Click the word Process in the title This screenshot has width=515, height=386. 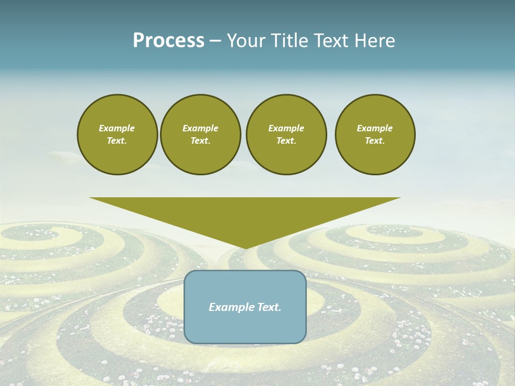(168, 41)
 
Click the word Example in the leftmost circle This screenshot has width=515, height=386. (117, 128)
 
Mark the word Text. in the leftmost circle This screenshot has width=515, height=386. (117, 141)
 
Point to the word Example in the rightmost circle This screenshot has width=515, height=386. (374, 128)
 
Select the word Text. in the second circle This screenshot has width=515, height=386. (200, 141)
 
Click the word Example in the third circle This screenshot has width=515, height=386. (286, 128)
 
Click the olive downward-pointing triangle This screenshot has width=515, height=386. (245, 214)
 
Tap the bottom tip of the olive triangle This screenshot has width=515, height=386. (245, 247)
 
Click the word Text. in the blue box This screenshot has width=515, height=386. (269, 307)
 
